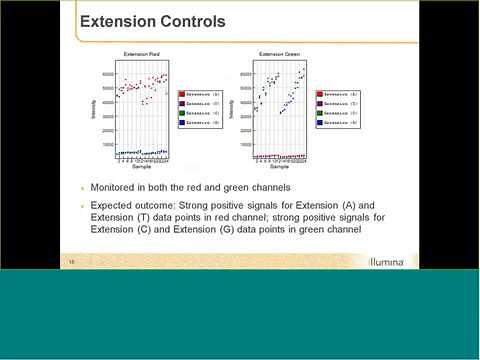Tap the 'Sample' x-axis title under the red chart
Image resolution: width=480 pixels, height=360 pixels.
click(x=143, y=167)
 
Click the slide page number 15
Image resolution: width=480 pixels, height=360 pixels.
click(x=71, y=263)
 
